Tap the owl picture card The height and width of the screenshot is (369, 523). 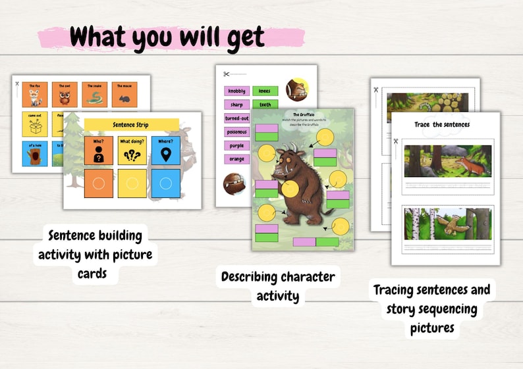point(65,94)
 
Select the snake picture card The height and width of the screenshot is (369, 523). point(94,94)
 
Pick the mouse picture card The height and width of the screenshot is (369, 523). point(124,94)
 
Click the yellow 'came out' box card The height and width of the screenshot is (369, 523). point(35,124)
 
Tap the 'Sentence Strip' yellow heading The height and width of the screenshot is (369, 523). point(132,124)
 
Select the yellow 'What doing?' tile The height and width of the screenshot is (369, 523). point(132,151)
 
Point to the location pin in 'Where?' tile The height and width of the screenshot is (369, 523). point(165,153)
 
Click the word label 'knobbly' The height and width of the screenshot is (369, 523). point(237,91)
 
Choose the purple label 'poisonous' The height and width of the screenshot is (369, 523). point(237,132)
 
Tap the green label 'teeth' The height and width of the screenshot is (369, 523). point(265,104)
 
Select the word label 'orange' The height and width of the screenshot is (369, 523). point(237,159)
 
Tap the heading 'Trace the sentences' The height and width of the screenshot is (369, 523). point(442,124)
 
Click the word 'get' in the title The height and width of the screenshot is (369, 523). point(242,37)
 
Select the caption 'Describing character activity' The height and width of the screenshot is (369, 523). point(278,286)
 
